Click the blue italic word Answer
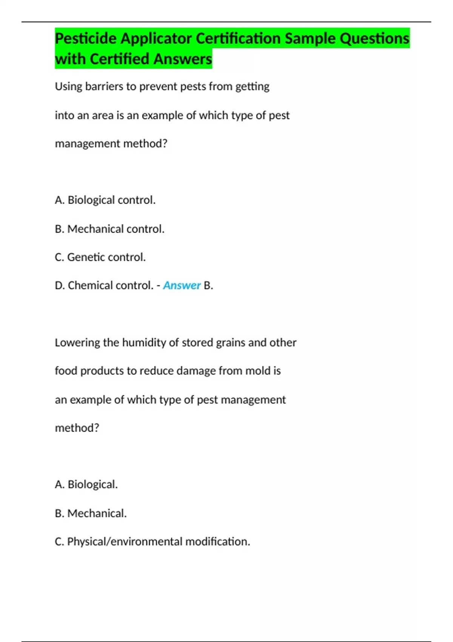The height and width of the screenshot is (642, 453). (x=182, y=286)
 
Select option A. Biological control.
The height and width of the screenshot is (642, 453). (x=105, y=200)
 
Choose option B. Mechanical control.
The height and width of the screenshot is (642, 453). (x=109, y=229)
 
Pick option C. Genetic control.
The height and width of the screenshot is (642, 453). (x=100, y=257)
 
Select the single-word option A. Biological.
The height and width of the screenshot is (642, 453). (x=86, y=485)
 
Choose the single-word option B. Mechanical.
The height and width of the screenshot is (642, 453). (x=91, y=513)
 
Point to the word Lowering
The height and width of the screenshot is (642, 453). (x=77, y=343)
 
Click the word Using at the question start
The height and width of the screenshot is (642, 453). (x=68, y=86)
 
